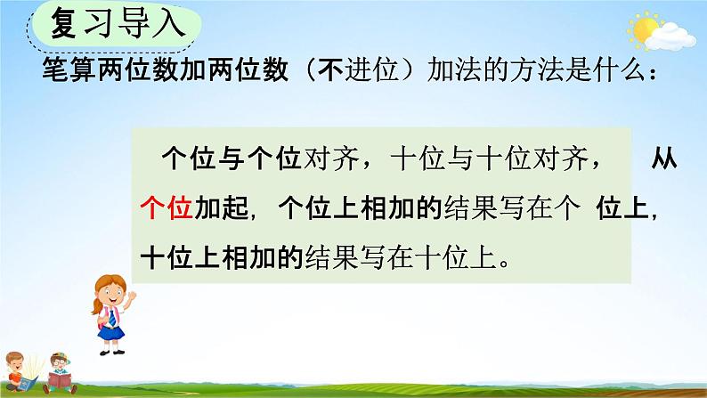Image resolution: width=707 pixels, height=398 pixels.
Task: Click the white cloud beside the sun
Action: click(669, 37)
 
